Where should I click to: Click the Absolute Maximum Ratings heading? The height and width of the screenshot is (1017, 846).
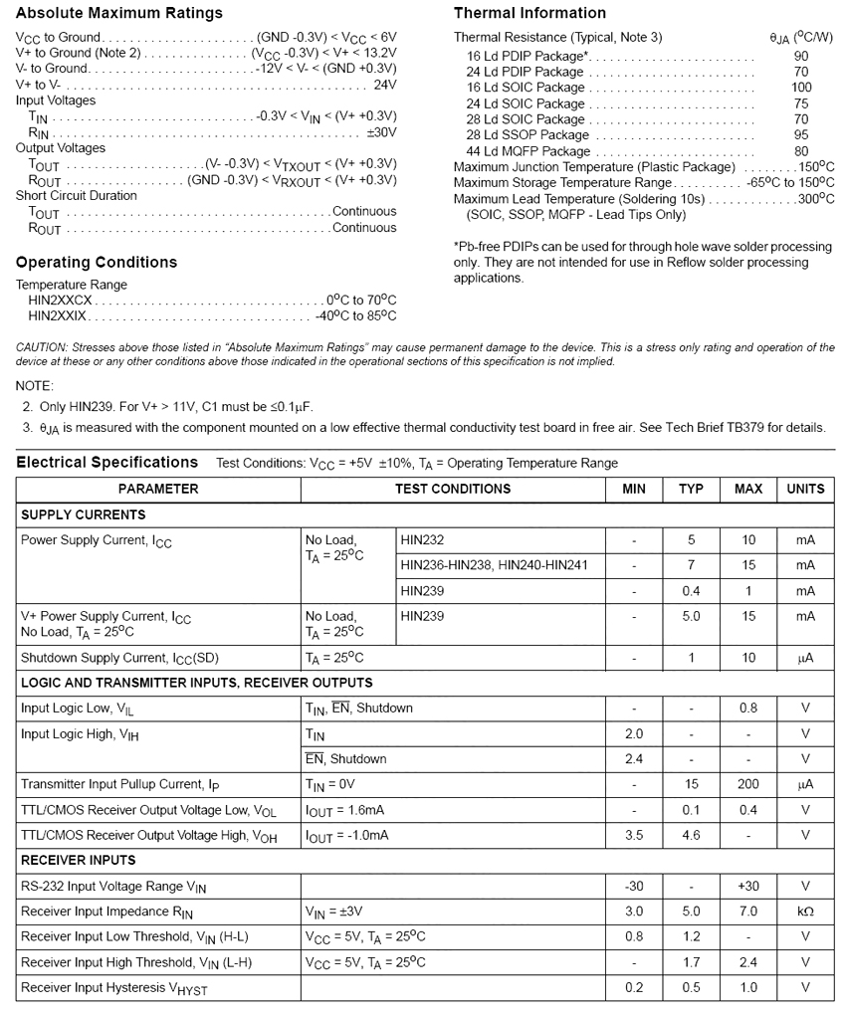[x=119, y=14]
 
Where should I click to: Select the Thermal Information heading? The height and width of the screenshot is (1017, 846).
[x=529, y=14]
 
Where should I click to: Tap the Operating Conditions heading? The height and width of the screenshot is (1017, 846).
[x=97, y=263]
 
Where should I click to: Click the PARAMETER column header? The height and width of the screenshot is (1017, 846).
[x=158, y=489]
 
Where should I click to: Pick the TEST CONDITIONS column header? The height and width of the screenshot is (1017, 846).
[x=453, y=489]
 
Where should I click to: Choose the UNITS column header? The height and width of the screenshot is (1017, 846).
[x=805, y=489]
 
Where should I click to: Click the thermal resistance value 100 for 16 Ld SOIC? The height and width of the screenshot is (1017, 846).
[x=801, y=88]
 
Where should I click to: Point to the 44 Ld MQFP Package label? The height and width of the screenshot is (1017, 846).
[x=529, y=151]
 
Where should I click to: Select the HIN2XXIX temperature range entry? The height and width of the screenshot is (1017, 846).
[x=58, y=316]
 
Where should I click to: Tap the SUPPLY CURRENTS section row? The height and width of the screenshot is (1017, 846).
[x=84, y=515]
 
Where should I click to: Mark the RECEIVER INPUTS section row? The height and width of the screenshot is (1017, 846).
[x=79, y=860]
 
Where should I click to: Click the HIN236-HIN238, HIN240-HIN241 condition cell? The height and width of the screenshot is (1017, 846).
[x=495, y=565]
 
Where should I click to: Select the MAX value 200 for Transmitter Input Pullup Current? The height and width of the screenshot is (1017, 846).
[x=748, y=784]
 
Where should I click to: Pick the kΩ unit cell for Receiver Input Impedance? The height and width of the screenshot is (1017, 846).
[x=805, y=912]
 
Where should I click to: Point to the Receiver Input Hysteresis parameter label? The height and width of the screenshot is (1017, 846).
[x=114, y=988]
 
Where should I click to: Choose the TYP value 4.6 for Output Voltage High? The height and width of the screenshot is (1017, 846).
[x=691, y=835]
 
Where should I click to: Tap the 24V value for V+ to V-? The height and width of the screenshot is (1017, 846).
[x=384, y=85]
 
